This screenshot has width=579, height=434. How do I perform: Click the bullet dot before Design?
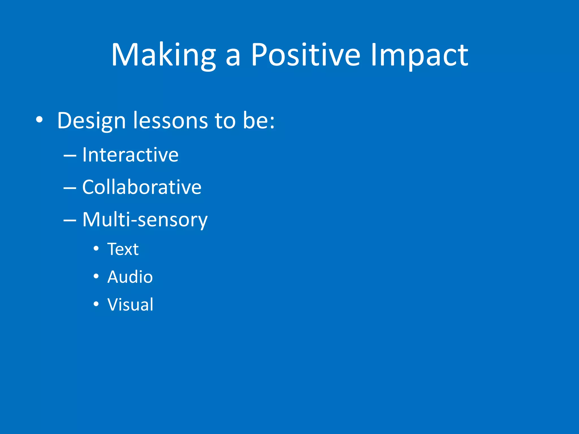39,120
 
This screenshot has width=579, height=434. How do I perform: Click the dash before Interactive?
70,156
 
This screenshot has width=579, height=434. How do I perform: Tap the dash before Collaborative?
70,188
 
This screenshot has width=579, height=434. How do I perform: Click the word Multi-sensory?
145,220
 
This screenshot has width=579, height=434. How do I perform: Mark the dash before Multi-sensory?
70,220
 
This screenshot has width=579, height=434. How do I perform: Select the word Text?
123,249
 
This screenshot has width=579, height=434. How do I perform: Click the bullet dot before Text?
96,249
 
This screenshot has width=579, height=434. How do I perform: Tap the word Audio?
130,277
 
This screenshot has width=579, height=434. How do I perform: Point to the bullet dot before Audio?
96,276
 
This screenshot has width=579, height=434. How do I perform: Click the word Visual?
130,305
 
